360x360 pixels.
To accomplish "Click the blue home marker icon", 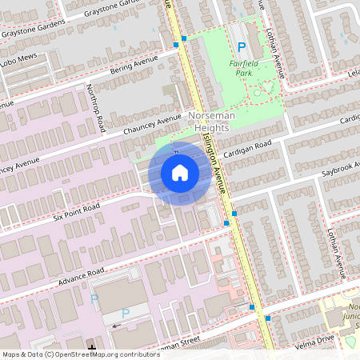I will (180, 173).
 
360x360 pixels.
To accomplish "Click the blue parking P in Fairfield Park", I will (241, 48).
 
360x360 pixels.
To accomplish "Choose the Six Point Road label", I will (77, 212).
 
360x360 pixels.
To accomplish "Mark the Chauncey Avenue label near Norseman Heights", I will (153, 126).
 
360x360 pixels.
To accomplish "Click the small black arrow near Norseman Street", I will (118, 326).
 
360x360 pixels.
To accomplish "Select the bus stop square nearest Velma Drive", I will (267, 318).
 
